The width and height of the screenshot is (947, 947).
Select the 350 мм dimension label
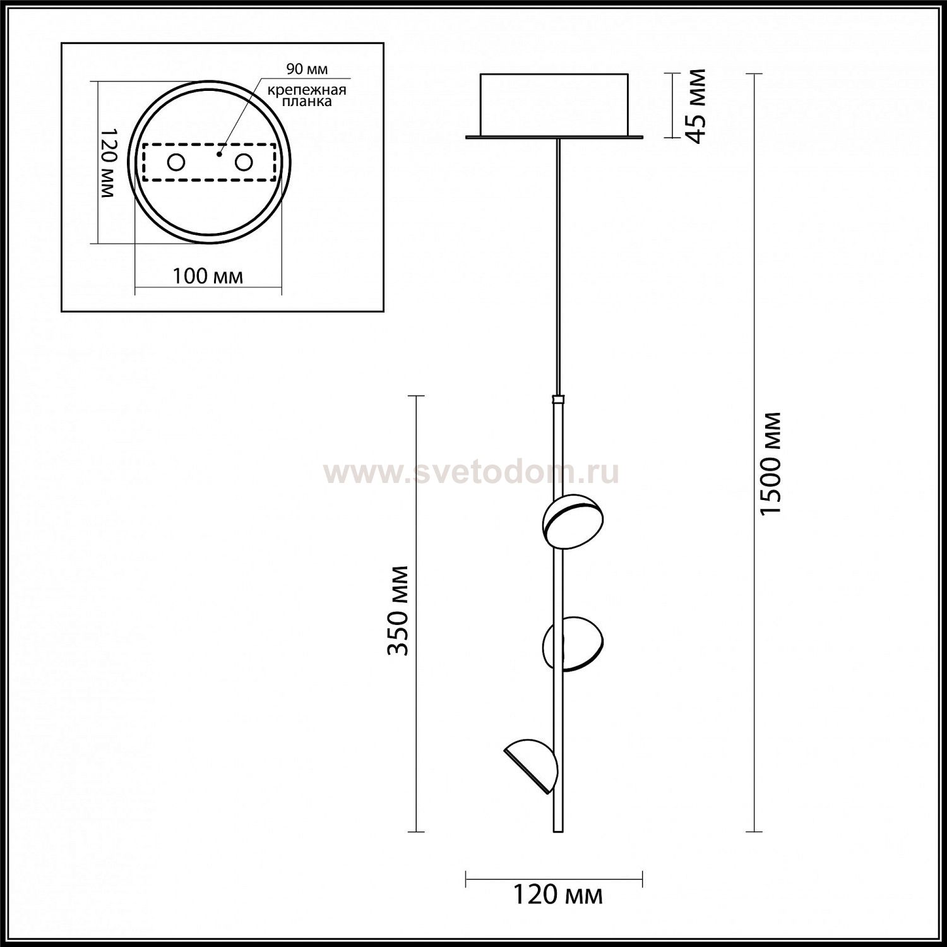(x=398, y=610)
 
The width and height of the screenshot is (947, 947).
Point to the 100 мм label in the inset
(x=208, y=276)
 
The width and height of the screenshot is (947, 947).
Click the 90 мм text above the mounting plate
(x=307, y=69)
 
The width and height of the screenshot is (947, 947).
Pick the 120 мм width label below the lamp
(x=556, y=895)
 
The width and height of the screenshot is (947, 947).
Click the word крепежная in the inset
(x=307, y=90)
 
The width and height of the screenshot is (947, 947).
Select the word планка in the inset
(x=307, y=101)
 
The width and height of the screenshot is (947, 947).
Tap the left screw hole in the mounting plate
(x=176, y=163)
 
